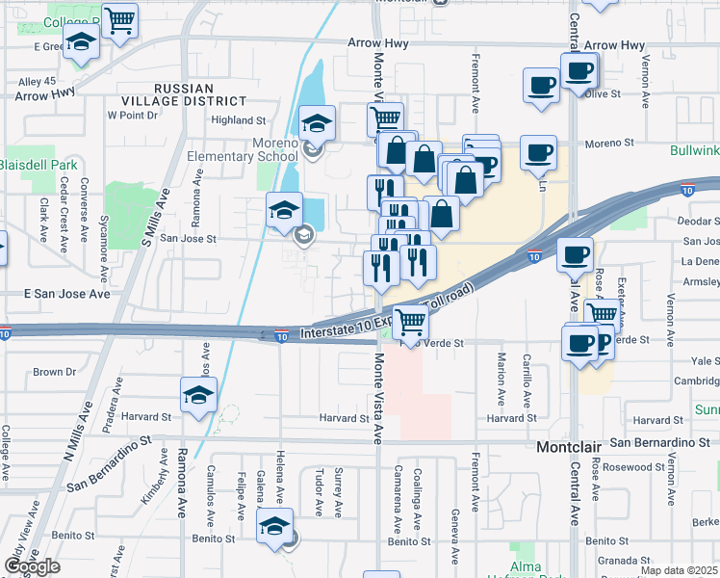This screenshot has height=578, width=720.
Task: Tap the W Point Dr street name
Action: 132,115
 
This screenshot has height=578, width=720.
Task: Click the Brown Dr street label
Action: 54,372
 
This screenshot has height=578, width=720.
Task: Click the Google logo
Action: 32,566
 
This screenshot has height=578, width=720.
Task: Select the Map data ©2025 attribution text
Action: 679,570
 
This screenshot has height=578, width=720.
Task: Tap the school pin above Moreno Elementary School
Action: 316,122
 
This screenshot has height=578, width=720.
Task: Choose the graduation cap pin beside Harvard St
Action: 198,395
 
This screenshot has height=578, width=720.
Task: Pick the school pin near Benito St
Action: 274,527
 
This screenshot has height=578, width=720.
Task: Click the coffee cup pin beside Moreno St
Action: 538,152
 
